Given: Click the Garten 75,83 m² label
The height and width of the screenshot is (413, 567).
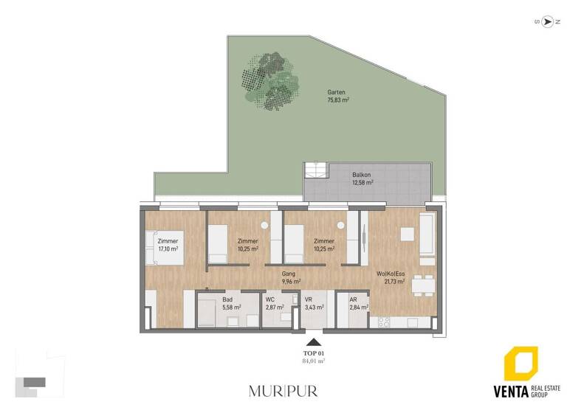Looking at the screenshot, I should (x=338, y=97).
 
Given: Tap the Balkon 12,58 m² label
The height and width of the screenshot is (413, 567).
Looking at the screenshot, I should (x=362, y=178).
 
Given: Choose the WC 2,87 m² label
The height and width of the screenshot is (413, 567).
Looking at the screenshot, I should (x=274, y=303).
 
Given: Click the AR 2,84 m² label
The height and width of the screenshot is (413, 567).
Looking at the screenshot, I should (x=358, y=303).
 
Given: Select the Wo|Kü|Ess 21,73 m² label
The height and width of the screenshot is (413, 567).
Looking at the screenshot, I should (x=396, y=277).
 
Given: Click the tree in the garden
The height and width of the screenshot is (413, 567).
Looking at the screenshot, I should (x=269, y=80).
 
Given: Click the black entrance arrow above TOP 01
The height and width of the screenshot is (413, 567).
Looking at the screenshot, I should (x=314, y=342).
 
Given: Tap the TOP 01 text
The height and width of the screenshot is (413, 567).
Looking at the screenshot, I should (x=314, y=353).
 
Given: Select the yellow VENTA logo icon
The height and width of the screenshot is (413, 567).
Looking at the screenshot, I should (x=521, y=366).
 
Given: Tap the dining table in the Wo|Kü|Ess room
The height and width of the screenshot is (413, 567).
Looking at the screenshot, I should (x=423, y=284).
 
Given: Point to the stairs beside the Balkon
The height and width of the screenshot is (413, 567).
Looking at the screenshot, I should (x=315, y=170).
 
